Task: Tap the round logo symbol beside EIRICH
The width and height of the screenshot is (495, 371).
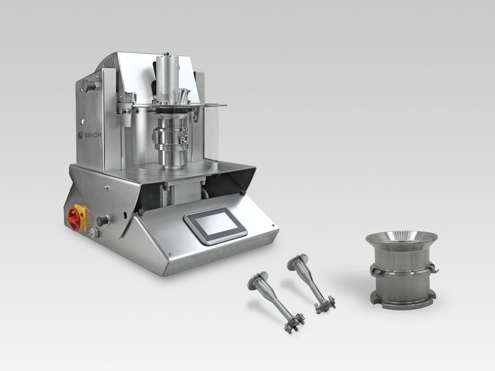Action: tap(81, 135)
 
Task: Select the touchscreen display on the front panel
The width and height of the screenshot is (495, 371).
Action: tap(216, 226)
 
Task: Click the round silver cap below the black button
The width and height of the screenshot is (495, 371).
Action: tap(94, 233)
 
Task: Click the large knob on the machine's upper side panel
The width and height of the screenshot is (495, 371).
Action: tap(88, 86)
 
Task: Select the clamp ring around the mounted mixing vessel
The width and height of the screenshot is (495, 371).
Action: tap(170, 137)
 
